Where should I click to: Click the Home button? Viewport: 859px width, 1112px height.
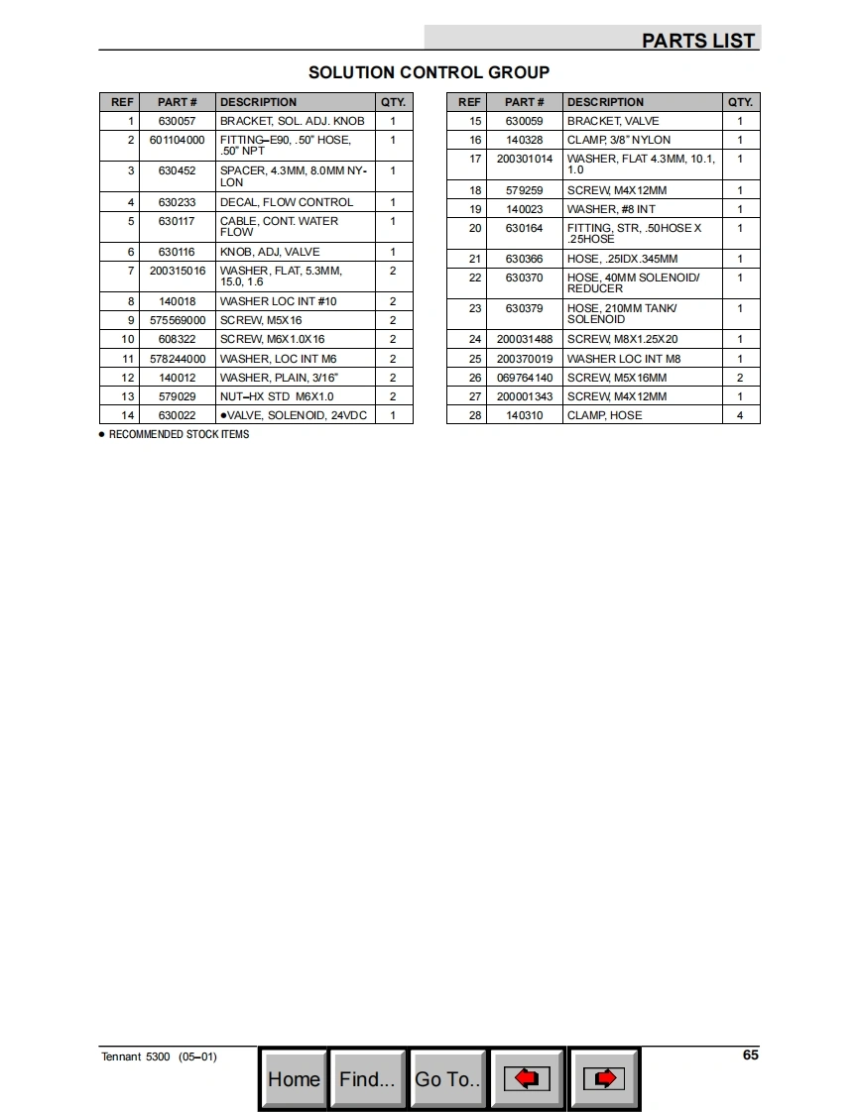click(x=294, y=1079)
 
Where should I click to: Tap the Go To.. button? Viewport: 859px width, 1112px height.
click(x=448, y=1079)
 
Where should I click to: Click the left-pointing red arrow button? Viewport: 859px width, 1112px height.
click(x=528, y=1078)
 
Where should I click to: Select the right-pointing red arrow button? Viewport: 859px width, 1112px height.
click(x=604, y=1078)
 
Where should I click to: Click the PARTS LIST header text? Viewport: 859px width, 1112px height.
click(x=698, y=41)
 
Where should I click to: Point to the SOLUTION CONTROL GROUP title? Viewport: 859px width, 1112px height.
click(x=429, y=72)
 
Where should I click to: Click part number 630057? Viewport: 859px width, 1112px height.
click(x=177, y=121)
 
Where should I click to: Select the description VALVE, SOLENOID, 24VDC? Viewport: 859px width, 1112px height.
click(x=294, y=415)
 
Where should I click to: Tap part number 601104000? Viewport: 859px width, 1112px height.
click(x=177, y=140)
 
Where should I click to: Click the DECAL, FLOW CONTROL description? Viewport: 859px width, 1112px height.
click(x=286, y=202)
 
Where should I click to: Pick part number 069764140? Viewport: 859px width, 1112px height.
click(x=524, y=378)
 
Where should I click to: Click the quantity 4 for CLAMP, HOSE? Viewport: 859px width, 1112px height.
click(x=740, y=415)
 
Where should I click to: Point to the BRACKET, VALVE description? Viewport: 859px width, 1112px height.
click(x=612, y=121)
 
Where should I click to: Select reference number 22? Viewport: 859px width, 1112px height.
click(x=475, y=278)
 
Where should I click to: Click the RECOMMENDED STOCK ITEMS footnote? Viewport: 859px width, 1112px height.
click(x=179, y=434)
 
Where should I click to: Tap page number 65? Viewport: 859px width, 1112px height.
click(x=750, y=1055)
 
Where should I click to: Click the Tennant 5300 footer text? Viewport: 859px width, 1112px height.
click(x=159, y=1056)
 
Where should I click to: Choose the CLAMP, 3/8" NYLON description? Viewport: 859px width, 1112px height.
click(x=618, y=140)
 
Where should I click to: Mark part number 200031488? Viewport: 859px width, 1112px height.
click(x=524, y=339)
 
